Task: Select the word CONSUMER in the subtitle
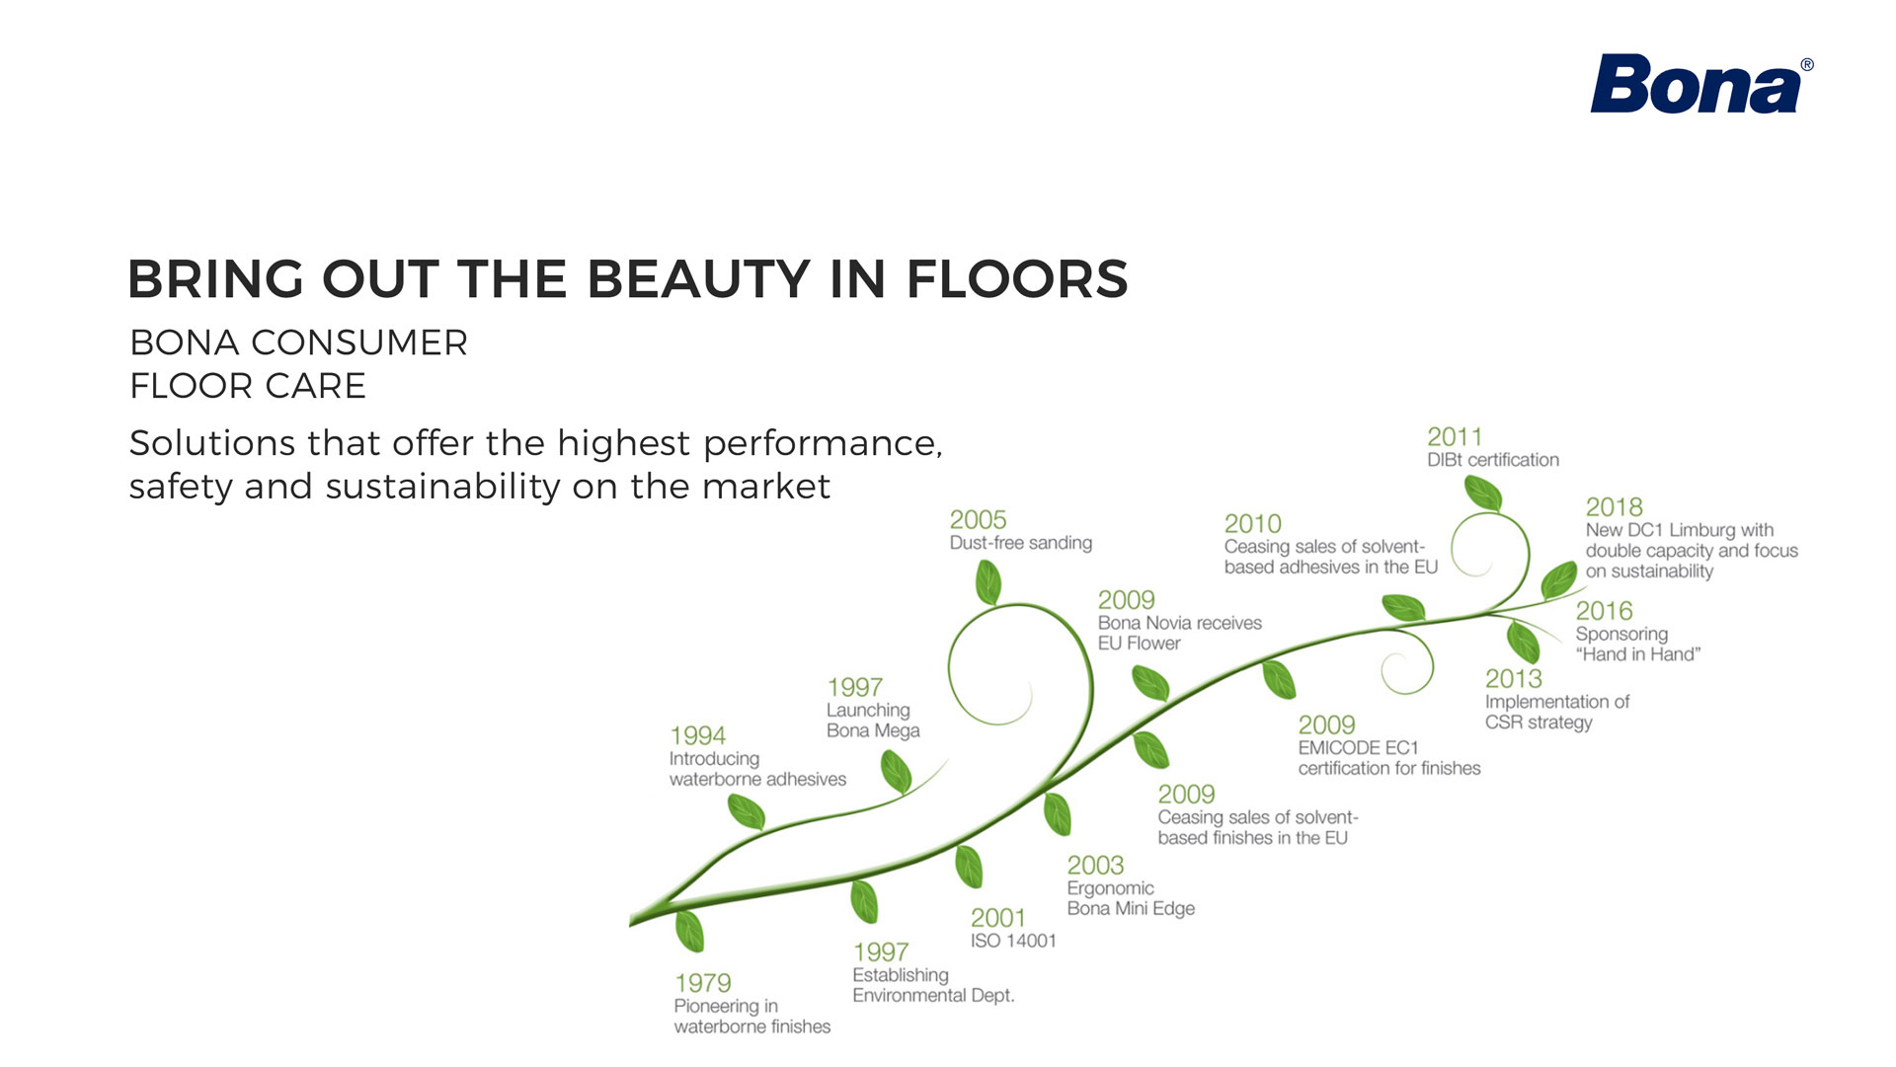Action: pos(359,343)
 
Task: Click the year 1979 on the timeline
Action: pos(703,983)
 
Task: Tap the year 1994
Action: pos(697,735)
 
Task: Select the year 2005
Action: pos(978,519)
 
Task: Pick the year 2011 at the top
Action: pos(1455,436)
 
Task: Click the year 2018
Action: pos(1614,507)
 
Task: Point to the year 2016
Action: pos(1604,611)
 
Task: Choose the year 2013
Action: pos(1514,679)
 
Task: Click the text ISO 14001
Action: pos(1013,941)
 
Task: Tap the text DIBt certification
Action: pos(1493,460)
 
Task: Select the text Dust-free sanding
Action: pos(1021,543)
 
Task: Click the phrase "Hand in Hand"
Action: pos(1638,653)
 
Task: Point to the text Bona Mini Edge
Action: pos(1131,908)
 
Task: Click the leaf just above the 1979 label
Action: pos(689,932)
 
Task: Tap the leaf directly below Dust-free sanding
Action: pos(987,582)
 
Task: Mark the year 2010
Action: pos(1252,523)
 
